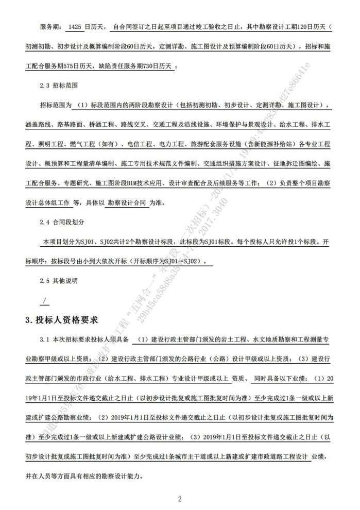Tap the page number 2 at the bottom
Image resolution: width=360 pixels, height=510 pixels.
click(x=180, y=499)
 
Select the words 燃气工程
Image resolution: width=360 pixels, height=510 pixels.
click(x=77, y=145)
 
